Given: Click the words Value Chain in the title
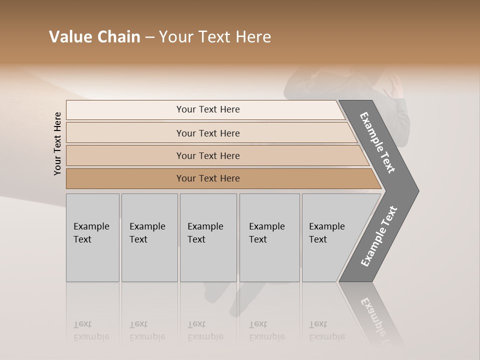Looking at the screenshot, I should pyautogui.click(x=94, y=37).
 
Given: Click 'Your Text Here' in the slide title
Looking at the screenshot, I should pyautogui.click(x=215, y=37).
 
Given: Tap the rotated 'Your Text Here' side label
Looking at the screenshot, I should pyautogui.click(x=57, y=143).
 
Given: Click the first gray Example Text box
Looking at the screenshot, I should pyautogui.click(x=92, y=237).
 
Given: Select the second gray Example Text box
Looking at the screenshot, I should pyautogui.click(x=149, y=237).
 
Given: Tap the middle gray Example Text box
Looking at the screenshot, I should pyautogui.click(x=208, y=237).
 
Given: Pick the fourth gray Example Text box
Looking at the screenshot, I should pyautogui.click(x=269, y=237).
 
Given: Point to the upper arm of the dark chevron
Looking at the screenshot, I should pyautogui.click(x=378, y=142).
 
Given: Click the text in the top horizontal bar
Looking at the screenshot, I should pyautogui.click(x=208, y=109).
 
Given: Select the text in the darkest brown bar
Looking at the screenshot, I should pyautogui.click(x=208, y=178).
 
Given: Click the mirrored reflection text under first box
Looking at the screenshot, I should pyautogui.click(x=91, y=330).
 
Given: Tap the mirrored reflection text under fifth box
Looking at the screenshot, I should pyautogui.click(x=327, y=330).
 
